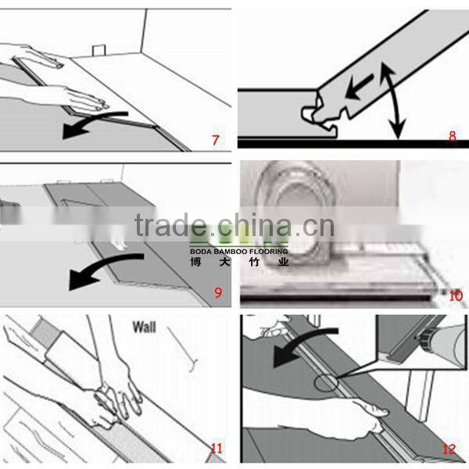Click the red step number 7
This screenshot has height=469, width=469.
(216, 140)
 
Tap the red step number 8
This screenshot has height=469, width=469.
(453, 136)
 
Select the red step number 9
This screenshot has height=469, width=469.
(218, 292)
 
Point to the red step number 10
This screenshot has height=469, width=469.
(456, 295)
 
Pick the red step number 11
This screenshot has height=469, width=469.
(217, 449)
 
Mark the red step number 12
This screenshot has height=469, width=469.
(449, 449)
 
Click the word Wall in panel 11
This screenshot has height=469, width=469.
(144, 327)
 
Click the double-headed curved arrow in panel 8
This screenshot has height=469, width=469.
(394, 98)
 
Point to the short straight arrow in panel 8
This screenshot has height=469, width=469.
(359, 86)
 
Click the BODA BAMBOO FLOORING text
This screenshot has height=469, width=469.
(239, 251)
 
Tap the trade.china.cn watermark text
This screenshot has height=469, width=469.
(234, 225)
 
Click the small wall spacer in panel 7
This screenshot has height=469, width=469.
(98, 51)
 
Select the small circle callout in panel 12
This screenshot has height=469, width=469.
(326, 384)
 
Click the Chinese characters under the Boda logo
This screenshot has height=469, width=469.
(239, 262)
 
